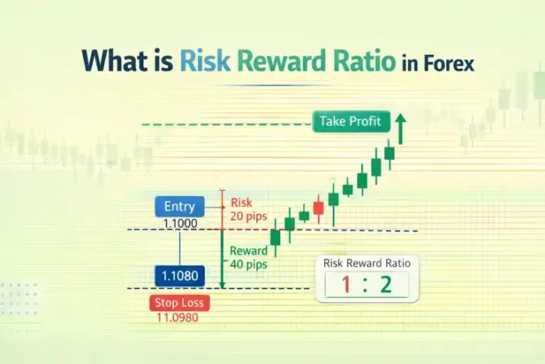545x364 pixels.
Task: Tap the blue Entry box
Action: pos(179,207)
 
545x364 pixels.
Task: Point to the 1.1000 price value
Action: pos(179,224)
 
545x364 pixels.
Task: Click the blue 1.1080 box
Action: pos(179,275)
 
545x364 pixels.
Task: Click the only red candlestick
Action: pos(318,208)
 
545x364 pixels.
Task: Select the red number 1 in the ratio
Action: pos(344,286)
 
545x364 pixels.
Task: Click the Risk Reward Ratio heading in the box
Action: pos(367,263)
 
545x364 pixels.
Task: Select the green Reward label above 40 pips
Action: pos(249,250)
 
